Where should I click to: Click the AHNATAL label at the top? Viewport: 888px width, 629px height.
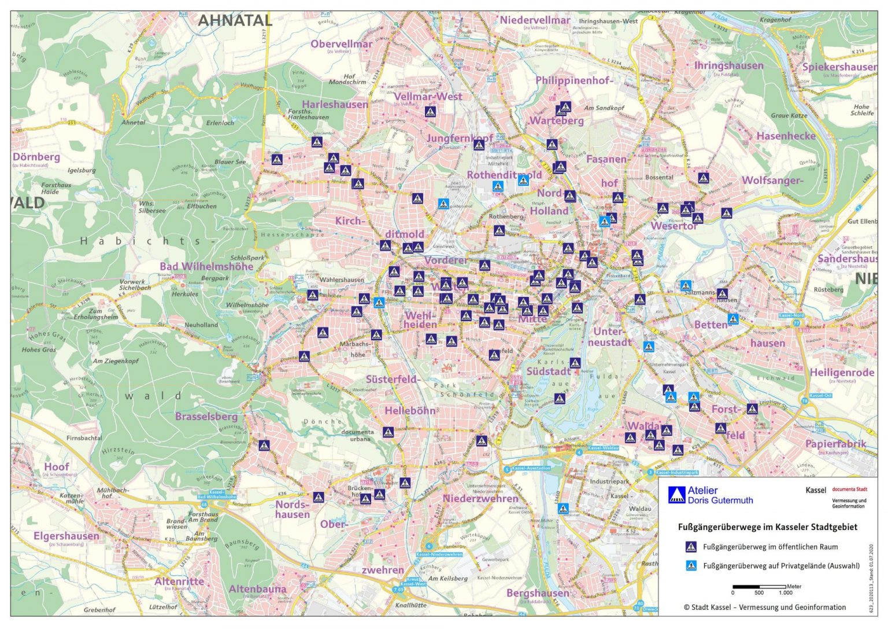tap(235, 20)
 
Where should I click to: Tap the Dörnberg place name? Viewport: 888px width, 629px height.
tap(36, 157)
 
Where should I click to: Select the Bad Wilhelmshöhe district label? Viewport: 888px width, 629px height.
tap(206, 266)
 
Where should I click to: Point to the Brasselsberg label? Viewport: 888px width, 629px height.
tap(206, 416)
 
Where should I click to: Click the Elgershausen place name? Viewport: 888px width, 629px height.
tap(66, 536)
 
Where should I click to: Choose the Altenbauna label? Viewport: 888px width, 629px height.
tap(257, 588)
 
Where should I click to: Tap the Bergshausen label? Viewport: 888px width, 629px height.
tap(538, 593)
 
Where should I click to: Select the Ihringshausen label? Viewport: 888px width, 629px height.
tap(728, 65)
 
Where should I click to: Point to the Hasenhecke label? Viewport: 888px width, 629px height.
tap(786, 136)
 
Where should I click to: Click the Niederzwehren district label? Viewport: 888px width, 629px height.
tap(480, 498)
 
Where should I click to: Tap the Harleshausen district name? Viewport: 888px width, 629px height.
tap(334, 104)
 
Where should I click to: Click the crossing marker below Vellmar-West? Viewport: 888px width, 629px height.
tap(430, 112)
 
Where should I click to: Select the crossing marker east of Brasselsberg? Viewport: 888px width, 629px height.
tap(264, 445)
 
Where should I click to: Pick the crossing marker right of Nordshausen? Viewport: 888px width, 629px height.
tap(319, 497)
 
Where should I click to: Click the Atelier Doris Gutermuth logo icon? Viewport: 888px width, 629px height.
tap(676, 495)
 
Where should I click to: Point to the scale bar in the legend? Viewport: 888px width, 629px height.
tap(760, 587)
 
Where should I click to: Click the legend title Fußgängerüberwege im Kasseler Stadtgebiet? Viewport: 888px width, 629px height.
tap(767, 527)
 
